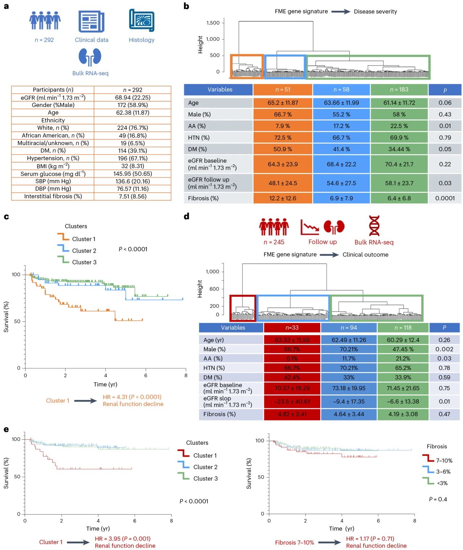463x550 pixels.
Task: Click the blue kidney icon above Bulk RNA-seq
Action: (x=90, y=57)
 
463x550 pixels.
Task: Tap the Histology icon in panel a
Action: (x=141, y=21)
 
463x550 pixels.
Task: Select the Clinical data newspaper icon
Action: (x=92, y=22)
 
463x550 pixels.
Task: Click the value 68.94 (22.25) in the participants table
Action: (x=133, y=97)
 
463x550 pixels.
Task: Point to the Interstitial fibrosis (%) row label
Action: (x=53, y=196)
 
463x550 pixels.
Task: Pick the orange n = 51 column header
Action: (x=283, y=90)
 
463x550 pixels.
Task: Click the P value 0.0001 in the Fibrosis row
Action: (x=445, y=198)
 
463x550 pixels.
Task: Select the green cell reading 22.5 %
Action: (x=399, y=126)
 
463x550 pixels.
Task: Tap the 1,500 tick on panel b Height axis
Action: (x=213, y=23)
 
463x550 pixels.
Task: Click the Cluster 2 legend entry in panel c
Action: (x=84, y=250)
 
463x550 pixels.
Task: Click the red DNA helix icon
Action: (x=374, y=226)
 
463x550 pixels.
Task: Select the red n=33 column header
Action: (x=292, y=328)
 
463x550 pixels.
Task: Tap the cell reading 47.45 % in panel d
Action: (x=403, y=349)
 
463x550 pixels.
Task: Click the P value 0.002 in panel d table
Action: (x=444, y=349)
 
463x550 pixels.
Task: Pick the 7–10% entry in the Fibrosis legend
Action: (x=444, y=461)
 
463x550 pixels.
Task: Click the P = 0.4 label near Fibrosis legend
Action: (x=438, y=499)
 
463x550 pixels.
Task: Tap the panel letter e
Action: (x=6, y=430)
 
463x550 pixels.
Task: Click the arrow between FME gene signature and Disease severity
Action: (x=341, y=12)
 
